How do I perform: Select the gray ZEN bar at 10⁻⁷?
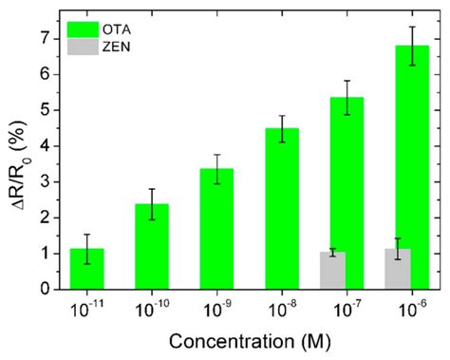[x=332, y=271]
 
